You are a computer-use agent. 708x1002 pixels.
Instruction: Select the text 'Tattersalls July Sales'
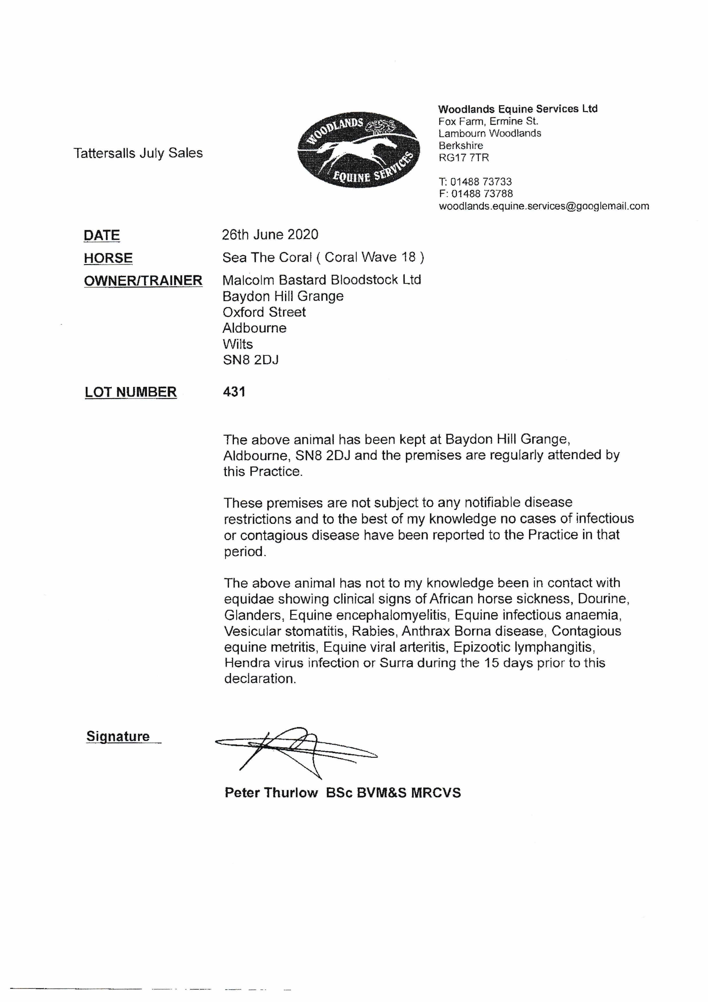(138, 153)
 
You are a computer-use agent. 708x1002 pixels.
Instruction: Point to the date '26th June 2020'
(270, 235)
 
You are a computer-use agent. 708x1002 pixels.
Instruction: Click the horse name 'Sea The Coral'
(267, 258)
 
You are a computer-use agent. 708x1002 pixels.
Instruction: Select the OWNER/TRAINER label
(143, 281)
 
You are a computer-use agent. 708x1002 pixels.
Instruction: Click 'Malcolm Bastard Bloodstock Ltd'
(322, 280)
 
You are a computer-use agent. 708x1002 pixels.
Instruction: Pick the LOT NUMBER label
(130, 392)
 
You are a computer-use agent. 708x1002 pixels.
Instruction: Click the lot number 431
(234, 391)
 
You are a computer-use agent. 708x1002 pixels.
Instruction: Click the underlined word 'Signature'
(118, 736)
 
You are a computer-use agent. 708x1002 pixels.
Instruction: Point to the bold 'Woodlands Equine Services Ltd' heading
(518, 109)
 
